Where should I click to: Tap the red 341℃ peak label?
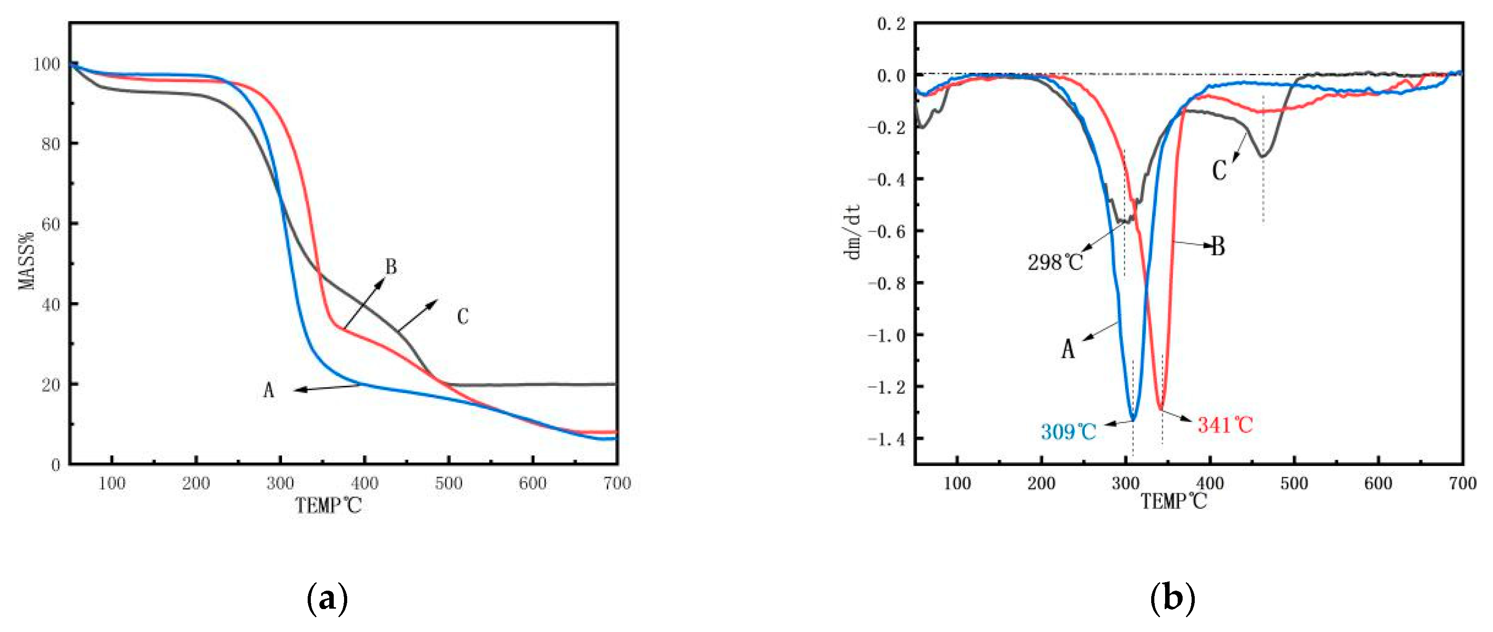pyautogui.click(x=1225, y=425)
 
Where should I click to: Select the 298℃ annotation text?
pyautogui.click(x=1055, y=263)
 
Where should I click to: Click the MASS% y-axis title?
pyautogui.click(x=26, y=261)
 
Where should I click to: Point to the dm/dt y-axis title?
pyautogui.click(x=853, y=232)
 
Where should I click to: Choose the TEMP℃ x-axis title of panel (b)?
pyautogui.click(x=1174, y=501)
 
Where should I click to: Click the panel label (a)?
pyautogui.click(x=327, y=599)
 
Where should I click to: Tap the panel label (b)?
pyautogui.click(x=1172, y=599)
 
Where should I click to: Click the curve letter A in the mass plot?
pyautogui.click(x=268, y=390)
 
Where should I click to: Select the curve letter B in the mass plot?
pyautogui.click(x=391, y=267)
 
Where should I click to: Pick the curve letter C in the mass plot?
pyautogui.click(x=463, y=317)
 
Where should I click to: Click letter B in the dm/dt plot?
pyautogui.click(x=1218, y=247)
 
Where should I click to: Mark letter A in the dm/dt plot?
pyautogui.click(x=1068, y=349)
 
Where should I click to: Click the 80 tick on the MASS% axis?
pyautogui.click(x=51, y=144)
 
